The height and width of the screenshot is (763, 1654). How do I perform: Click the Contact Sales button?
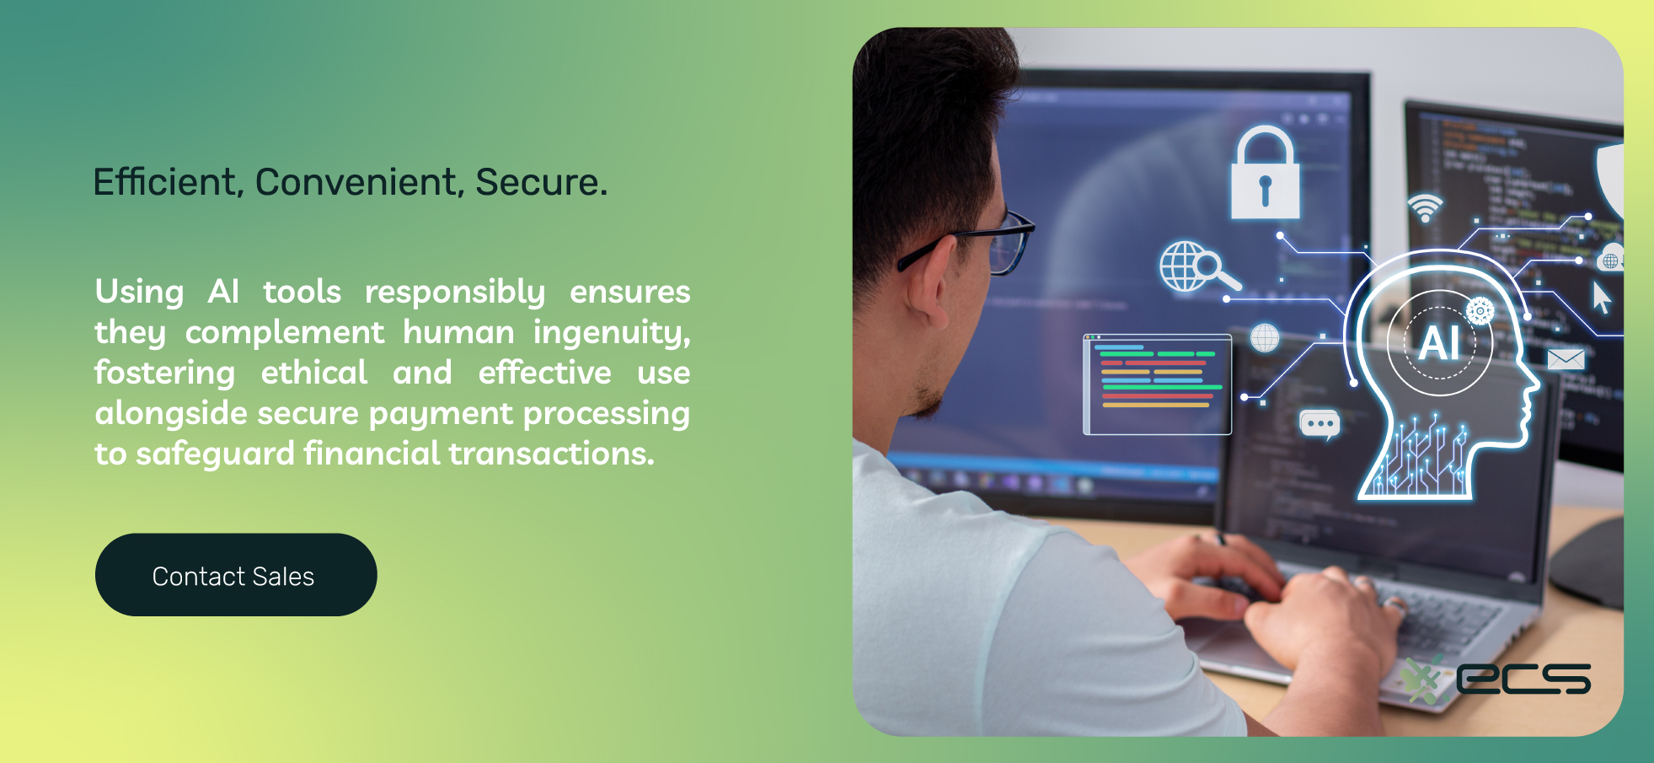236,575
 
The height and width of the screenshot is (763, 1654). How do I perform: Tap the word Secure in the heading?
541,182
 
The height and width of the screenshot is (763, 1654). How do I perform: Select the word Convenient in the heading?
360,182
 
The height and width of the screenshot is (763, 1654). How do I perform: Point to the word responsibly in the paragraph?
455,293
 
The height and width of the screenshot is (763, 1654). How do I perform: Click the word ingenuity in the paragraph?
612,333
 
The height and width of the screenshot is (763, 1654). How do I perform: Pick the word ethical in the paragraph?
314,373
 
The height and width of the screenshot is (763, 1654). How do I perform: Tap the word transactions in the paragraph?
551,454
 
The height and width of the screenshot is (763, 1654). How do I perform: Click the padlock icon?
1265,173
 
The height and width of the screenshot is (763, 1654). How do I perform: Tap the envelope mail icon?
1566,359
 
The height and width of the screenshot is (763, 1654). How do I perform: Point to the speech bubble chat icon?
1319,424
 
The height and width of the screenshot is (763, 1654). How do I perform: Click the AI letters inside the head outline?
1439,344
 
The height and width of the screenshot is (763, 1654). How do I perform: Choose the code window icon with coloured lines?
1157,384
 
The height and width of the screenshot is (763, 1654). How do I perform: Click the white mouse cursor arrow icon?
1601,298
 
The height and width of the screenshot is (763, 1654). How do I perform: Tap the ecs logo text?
1523,679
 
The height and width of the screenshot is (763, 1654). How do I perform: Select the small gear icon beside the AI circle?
1480,311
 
